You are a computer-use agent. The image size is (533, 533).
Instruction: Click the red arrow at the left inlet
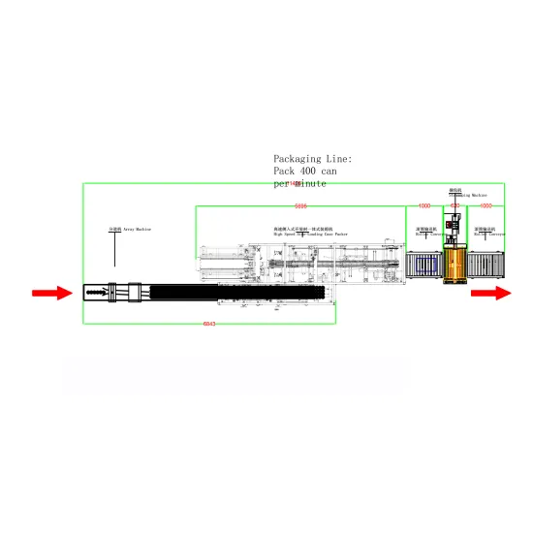[51, 293]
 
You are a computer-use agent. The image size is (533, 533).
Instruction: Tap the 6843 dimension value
[208, 323]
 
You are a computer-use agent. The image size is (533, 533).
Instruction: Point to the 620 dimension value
[455, 206]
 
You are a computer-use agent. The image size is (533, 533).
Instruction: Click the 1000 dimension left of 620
[424, 206]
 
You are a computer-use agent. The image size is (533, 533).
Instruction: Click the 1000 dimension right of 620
[486, 206]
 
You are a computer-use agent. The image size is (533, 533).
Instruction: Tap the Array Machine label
[130, 230]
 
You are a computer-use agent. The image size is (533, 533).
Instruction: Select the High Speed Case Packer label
[302, 235]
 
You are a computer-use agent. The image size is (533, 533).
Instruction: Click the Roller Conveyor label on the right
[489, 233]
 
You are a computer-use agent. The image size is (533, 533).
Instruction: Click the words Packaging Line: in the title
[312, 158]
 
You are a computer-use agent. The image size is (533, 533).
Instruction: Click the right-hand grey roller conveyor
[487, 270]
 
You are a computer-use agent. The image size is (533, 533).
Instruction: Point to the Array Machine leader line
[115, 250]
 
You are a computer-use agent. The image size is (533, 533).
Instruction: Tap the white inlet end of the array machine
[97, 290]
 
